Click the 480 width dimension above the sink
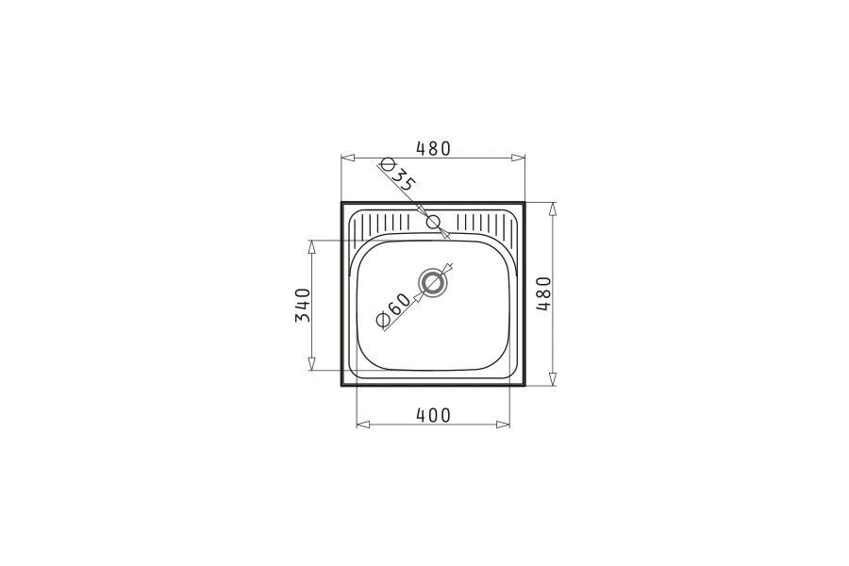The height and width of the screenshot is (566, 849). click(x=433, y=148)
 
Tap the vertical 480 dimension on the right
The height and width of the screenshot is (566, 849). click(x=543, y=293)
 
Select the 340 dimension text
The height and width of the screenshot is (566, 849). click(x=303, y=305)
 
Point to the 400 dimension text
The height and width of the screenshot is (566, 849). click(x=433, y=415)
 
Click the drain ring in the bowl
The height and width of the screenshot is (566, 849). click(x=433, y=283)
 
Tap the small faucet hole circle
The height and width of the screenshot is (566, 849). click(x=433, y=222)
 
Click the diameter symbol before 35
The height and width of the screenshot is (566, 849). click(x=387, y=165)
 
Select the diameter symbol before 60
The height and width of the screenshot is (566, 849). click(x=382, y=321)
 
